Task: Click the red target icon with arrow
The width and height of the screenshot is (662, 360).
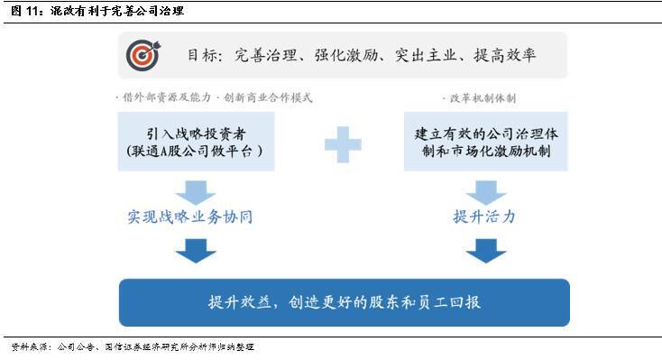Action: pos(143,55)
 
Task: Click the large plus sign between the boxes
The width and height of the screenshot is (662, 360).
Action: pos(343,144)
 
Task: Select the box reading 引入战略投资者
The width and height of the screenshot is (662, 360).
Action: pos(196,142)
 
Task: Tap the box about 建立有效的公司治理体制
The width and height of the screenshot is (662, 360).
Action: pos(486,142)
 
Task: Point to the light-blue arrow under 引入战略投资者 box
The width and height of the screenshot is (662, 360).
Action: pos(196,193)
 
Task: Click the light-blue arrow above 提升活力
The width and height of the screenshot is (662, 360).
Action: pos(486,193)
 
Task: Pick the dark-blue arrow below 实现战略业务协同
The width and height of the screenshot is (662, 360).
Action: pos(196,251)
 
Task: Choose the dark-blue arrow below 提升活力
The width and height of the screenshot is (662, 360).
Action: pos(486,251)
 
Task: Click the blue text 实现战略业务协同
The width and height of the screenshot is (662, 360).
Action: pos(190,217)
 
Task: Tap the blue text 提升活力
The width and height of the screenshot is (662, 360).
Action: pos(484,217)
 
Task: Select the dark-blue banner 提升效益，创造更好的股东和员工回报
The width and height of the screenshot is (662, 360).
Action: pos(345,302)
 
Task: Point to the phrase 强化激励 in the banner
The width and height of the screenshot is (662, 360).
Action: pos(346,55)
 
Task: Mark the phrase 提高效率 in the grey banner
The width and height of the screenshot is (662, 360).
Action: pos(505,55)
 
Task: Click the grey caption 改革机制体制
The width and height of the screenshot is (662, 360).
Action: pos(483,98)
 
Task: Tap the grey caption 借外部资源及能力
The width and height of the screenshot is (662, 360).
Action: pos(166,97)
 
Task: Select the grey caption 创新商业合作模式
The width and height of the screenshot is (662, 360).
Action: pos(268,97)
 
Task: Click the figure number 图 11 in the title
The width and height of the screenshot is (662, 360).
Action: pos(25,11)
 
